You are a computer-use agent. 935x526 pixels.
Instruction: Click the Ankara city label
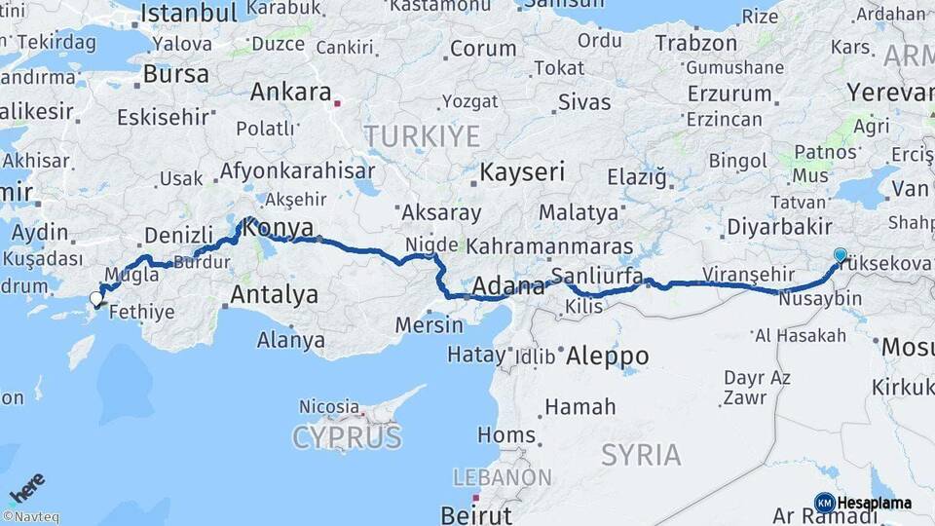click(x=290, y=92)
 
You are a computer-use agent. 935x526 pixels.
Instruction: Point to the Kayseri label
click(x=522, y=172)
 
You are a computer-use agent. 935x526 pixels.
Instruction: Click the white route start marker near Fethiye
click(x=96, y=299)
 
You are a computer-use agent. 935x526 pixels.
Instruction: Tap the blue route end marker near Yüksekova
click(x=841, y=254)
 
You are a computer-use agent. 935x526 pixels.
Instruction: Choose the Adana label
click(x=508, y=287)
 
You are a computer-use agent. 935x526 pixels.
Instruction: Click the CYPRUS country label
click(x=347, y=437)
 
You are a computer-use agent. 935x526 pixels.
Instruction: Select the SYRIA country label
click(x=641, y=454)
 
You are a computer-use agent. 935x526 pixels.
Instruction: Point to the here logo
click(x=27, y=486)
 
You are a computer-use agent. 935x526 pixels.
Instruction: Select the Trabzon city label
click(x=696, y=43)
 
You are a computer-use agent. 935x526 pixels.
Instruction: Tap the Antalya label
click(x=274, y=293)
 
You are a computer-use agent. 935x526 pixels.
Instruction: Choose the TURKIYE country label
click(x=423, y=134)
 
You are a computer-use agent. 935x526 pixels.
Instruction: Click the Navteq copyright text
click(x=30, y=517)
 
